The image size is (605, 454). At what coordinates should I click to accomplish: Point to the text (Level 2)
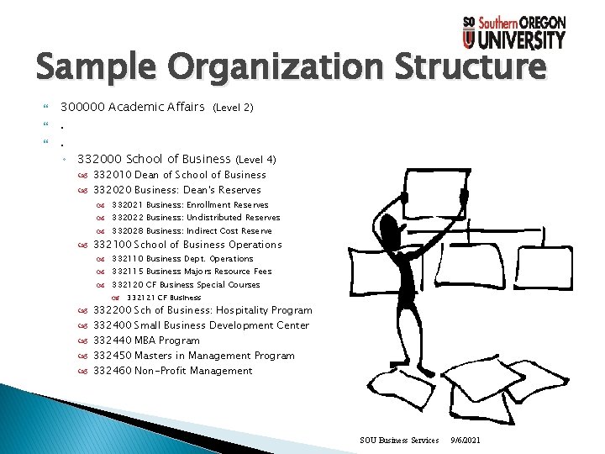coord(234,108)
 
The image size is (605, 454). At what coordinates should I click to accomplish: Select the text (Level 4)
coord(256,159)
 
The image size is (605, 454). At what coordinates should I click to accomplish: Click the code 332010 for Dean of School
coord(113,175)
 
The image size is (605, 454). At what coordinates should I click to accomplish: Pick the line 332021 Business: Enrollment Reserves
coord(190,204)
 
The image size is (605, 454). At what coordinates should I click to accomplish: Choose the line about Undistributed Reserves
coord(196,217)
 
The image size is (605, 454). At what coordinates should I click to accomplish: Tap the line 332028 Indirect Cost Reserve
coord(192,230)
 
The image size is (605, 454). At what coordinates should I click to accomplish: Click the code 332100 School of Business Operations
coord(113,245)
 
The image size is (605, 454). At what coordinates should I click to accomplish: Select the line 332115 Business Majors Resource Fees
coord(192,272)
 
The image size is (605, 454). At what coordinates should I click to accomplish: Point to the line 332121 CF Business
coord(164,298)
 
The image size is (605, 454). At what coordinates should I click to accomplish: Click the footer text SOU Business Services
coord(399,440)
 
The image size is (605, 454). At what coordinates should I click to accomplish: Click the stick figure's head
coord(392,228)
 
